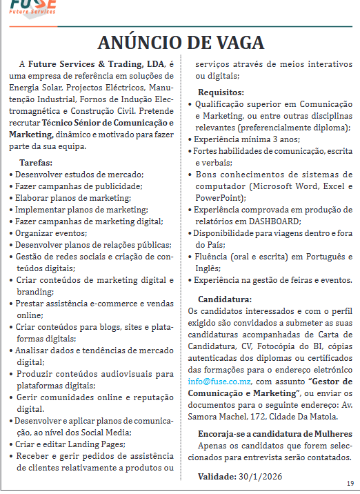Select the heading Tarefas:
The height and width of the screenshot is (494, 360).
pos(37,162)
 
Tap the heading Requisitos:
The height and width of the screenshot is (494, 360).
pos(219,92)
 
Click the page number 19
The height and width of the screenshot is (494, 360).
pos(350,483)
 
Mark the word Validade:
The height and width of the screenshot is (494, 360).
pos(217,476)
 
